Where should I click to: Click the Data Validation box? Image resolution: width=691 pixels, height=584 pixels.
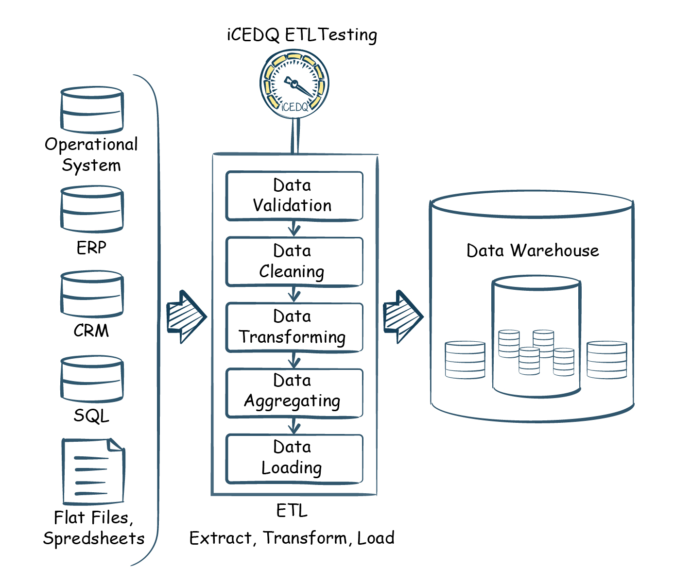[x=294, y=196]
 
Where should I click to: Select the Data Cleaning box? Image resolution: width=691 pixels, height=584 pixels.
[x=294, y=262]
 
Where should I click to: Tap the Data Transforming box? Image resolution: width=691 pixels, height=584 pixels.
[x=294, y=327]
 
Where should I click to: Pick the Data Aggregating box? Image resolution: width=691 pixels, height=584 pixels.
[x=294, y=393]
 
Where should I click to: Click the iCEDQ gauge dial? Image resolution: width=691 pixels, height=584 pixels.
[x=294, y=85]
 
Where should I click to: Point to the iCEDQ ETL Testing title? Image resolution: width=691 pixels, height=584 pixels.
[x=302, y=35]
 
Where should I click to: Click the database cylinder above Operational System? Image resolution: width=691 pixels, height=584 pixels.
[x=92, y=110]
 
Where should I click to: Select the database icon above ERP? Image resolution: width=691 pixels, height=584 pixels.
[x=92, y=209]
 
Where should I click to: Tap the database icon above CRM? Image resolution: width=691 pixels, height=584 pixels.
[x=92, y=294]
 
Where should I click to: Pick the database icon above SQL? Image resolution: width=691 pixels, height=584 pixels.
[x=92, y=379]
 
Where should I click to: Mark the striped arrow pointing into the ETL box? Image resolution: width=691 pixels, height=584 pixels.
[x=186, y=317]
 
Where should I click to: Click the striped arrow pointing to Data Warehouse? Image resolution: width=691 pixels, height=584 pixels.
[x=403, y=317]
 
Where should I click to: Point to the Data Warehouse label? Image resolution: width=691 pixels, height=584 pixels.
[x=533, y=250]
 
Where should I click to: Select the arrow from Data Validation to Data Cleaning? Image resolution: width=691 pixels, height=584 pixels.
[x=294, y=228]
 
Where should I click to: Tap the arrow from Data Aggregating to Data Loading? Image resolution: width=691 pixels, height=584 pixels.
[x=294, y=426]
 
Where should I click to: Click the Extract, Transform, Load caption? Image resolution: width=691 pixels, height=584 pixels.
[x=292, y=538]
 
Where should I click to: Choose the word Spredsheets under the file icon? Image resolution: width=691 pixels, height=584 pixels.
[x=94, y=538]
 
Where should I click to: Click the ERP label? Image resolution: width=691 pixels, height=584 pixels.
[x=91, y=248]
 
